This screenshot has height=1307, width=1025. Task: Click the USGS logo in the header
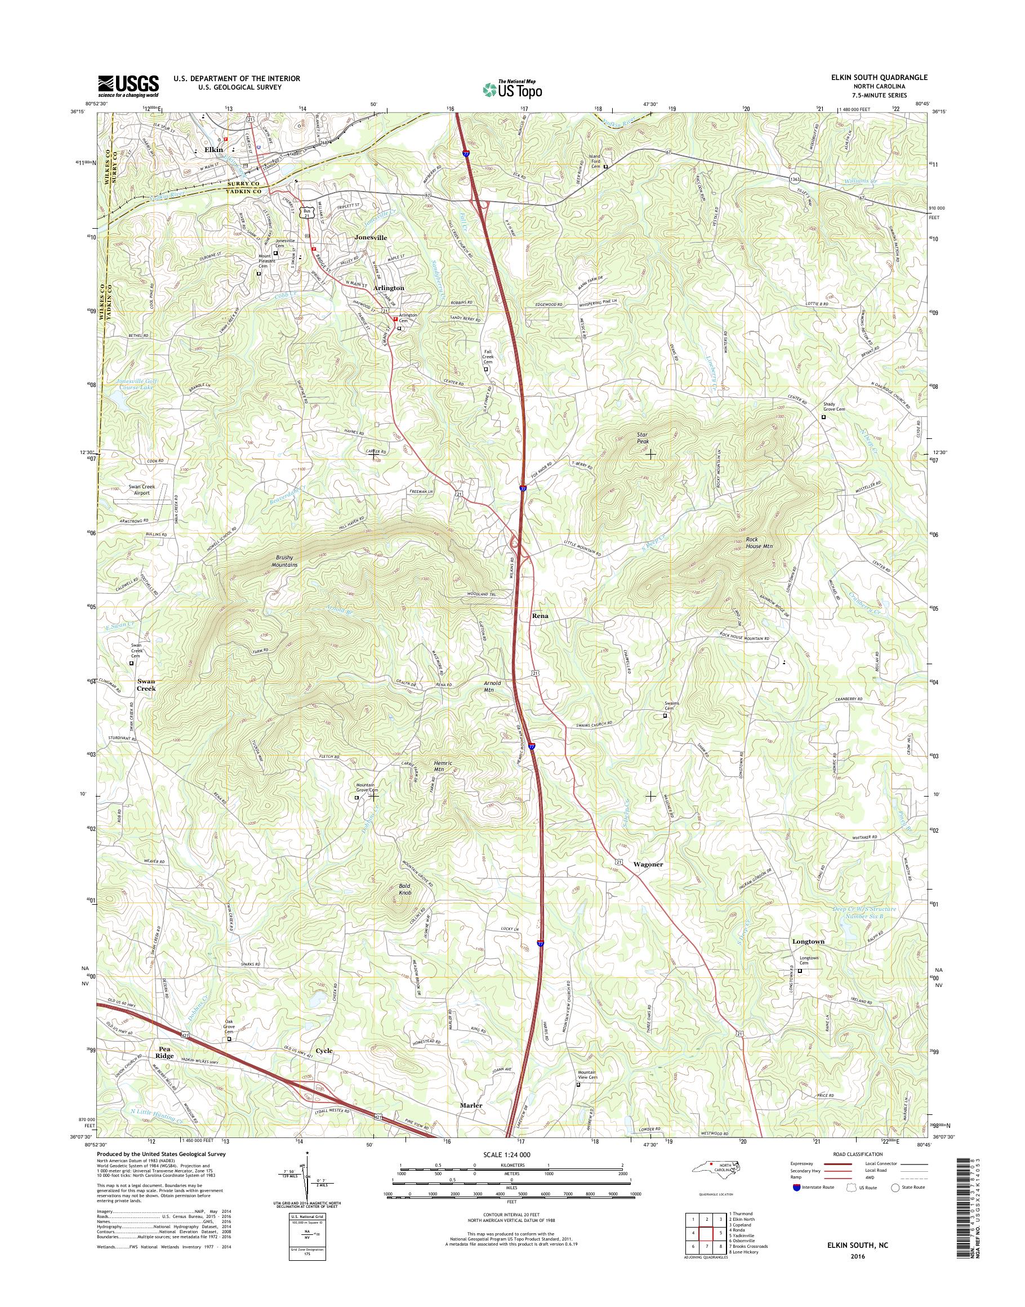pos(128,86)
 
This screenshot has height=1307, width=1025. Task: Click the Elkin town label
pos(213,149)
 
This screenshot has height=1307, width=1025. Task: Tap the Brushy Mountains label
pos(284,561)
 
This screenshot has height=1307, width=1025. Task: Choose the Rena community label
pos(540,616)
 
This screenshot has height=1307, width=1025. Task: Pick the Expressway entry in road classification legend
pos(804,1163)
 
